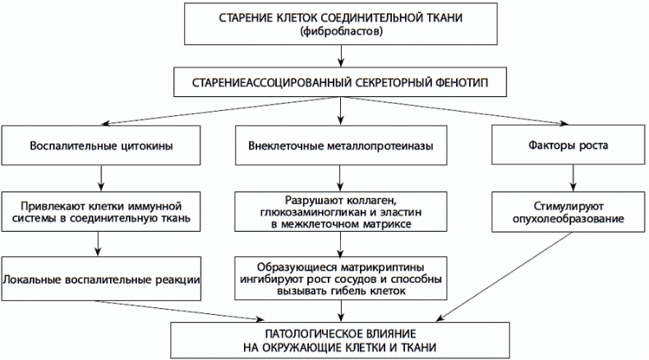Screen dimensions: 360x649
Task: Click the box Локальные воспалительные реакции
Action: click(x=102, y=279)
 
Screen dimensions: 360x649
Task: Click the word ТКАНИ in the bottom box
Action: click(x=416, y=347)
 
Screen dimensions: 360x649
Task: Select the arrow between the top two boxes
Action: click(x=341, y=57)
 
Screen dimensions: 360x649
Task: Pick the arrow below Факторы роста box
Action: click(x=566, y=177)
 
